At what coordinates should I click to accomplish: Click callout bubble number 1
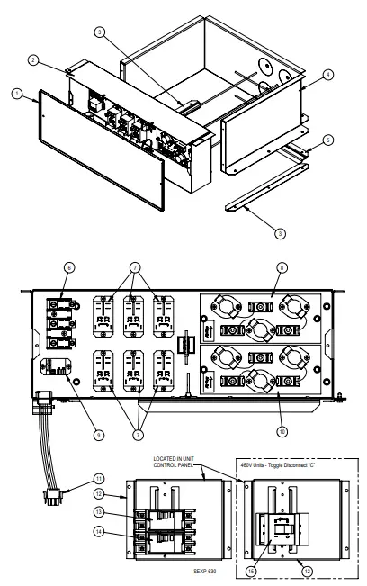pyautogui.click(x=15, y=93)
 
